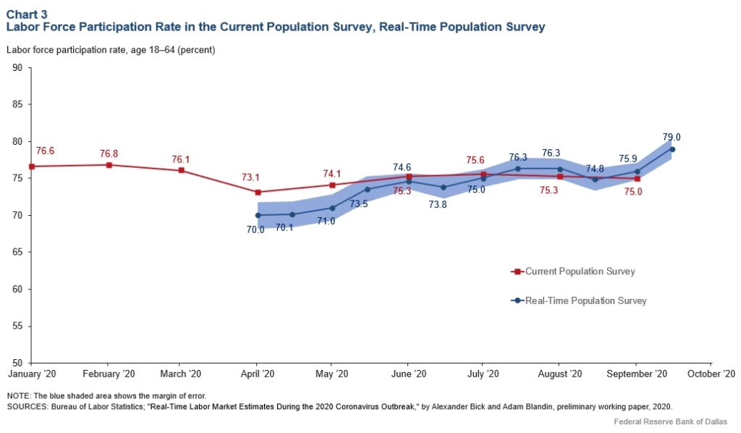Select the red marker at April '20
tap(257, 192)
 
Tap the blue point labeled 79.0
tap(672, 149)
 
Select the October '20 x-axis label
tap(712, 374)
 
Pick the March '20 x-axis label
tap(180, 374)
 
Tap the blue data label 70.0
tap(255, 230)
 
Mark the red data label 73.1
tap(250, 177)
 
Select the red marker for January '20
tap(31, 166)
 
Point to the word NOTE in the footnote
tap(20, 395)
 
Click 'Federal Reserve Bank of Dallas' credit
tap(669, 421)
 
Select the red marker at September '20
tap(637, 178)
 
